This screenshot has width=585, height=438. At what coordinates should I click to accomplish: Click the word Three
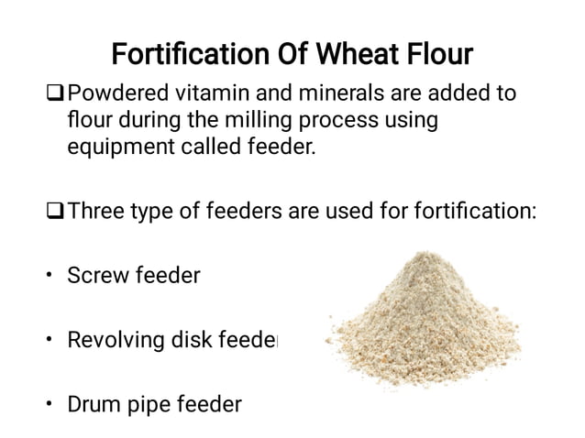click(x=98, y=212)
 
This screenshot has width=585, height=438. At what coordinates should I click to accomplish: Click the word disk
click(x=197, y=340)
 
